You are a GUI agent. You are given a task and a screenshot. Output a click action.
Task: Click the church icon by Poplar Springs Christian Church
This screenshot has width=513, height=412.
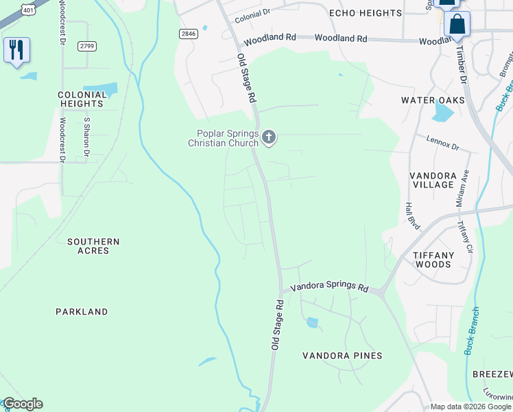(269, 138)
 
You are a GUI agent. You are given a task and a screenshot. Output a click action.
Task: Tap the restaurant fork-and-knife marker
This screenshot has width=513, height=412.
(16, 50)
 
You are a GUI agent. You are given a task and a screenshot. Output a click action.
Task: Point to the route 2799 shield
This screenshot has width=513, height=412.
(86, 45)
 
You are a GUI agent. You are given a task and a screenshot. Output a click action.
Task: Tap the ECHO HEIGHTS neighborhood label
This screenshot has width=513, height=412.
(365, 13)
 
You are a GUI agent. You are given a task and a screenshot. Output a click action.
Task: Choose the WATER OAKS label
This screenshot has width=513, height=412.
(433, 100)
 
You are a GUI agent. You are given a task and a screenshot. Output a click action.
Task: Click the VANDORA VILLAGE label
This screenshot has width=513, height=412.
(433, 180)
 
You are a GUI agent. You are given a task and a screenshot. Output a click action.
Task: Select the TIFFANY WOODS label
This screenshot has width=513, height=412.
(433, 260)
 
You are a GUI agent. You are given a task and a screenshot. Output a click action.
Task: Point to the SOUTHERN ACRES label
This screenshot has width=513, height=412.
(93, 246)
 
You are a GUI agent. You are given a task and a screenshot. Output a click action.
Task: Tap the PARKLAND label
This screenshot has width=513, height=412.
(82, 312)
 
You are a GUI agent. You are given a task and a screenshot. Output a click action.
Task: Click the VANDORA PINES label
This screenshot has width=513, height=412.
(342, 356)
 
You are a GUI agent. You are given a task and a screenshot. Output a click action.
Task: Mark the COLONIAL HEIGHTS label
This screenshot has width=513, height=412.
(81, 99)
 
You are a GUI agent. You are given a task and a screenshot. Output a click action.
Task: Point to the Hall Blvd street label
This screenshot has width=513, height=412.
(412, 215)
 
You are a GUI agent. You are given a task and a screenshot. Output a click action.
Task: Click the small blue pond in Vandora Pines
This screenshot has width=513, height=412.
(312, 322)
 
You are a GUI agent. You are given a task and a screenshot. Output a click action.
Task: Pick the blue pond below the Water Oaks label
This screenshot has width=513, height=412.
(443, 111)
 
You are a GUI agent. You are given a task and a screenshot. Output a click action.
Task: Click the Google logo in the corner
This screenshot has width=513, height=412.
(22, 404)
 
